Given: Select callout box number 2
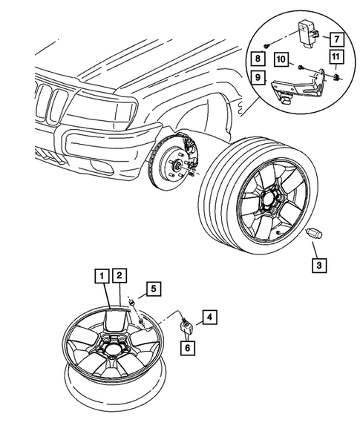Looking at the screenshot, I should click(x=120, y=277).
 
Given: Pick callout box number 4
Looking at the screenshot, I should click(x=210, y=317).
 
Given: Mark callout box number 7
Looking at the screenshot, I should click(x=336, y=37).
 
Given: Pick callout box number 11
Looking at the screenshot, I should click(x=336, y=58).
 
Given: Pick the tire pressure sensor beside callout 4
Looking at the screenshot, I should click(x=186, y=323).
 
